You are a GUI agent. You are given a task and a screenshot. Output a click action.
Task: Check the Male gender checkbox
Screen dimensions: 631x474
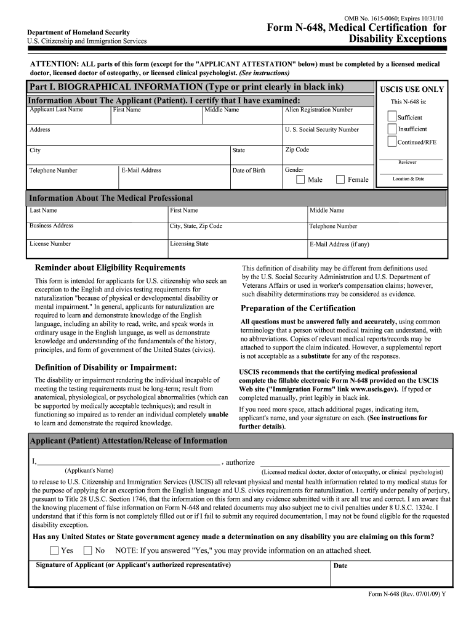[300, 180]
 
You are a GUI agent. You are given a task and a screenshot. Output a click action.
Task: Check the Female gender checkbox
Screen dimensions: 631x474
[340, 180]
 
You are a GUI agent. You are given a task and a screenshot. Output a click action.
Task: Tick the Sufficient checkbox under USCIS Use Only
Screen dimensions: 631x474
[392, 116]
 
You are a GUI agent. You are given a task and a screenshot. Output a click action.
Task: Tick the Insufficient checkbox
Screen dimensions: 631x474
[392, 129]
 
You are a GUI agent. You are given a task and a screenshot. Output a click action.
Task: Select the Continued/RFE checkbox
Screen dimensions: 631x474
[392, 141]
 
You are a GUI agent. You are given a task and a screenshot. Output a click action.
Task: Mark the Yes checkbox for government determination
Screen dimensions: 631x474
[54, 550]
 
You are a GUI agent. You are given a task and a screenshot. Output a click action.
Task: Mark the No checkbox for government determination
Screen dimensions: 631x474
[87, 550]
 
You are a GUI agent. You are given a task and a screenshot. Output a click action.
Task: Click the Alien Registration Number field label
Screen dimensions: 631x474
[318, 110]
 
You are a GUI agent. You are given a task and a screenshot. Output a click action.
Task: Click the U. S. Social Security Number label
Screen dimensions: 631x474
[321, 130]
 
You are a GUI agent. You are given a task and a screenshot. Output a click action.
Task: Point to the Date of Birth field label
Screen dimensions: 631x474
[249, 171]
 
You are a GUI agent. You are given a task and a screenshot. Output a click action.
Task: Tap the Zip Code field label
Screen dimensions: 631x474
[297, 150]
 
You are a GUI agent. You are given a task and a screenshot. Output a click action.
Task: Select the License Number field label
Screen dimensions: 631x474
[50, 244]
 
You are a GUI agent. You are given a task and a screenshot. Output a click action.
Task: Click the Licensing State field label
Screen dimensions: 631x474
[189, 244]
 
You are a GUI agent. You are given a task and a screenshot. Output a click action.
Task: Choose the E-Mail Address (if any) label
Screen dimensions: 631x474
[339, 245]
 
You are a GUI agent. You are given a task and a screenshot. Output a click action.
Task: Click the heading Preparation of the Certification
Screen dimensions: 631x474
[298, 308]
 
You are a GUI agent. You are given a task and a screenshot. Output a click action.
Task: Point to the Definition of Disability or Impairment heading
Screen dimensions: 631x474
[106, 367]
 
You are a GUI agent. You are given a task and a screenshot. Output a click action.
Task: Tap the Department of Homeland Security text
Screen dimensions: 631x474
[78, 32]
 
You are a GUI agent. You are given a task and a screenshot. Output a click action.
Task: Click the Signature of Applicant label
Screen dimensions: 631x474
[134, 565]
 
